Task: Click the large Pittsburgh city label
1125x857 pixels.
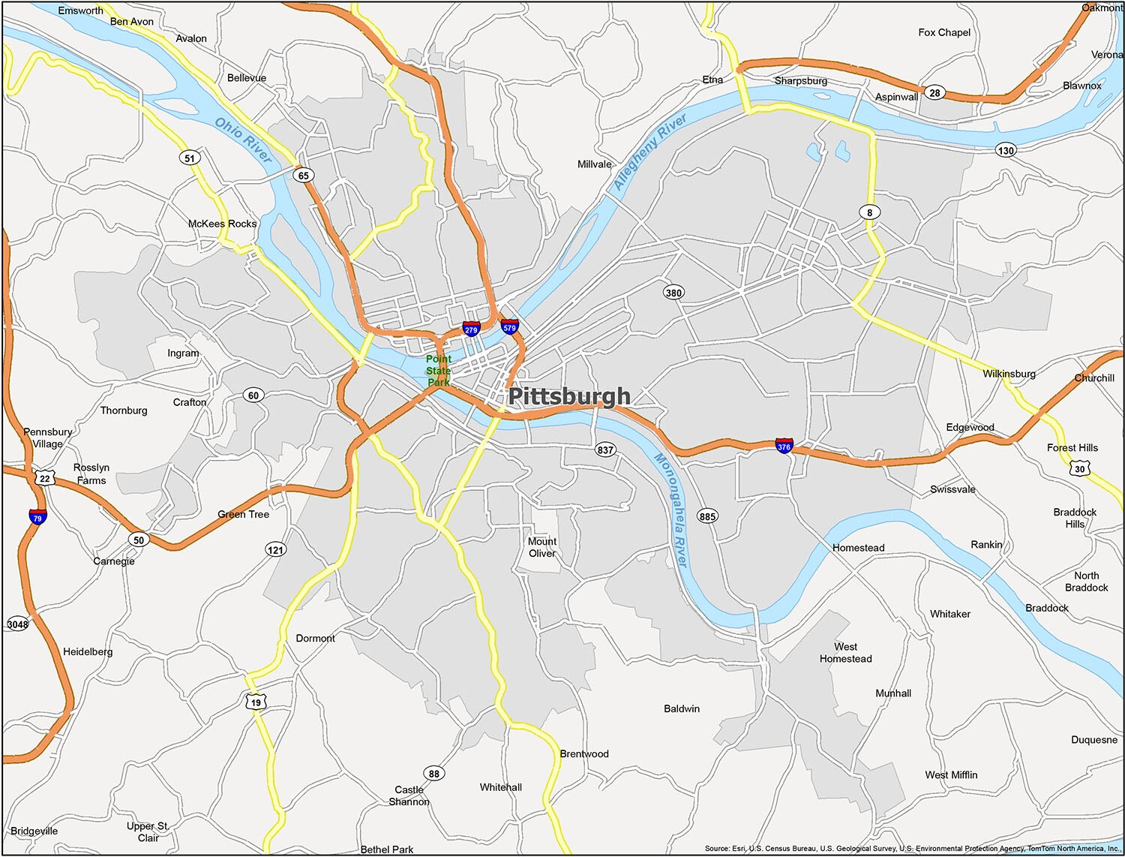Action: (x=569, y=396)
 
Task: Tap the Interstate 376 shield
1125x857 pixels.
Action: (x=784, y=446)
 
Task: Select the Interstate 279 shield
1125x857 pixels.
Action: (x=471, y=329)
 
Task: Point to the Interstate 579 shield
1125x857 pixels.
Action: (x=510, y=326)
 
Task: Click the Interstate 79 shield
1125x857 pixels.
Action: (x=37, y=517)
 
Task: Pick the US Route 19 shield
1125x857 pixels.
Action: (x=256, y=702)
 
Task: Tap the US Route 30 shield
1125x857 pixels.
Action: (x=1079, y=468)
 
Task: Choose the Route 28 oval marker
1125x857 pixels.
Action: (x=934, y=93)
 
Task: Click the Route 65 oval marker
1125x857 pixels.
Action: (x=303, y=176)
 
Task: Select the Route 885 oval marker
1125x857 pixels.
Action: (x=707, y=516)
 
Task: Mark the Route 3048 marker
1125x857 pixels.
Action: (x=17, y=624)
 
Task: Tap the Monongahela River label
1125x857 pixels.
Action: (x=670, y=510)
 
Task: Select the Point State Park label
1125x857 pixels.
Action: (x=438, y=371)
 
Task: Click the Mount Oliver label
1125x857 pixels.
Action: (x=541, y=547)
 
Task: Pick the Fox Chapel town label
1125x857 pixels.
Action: (x=943, y=32)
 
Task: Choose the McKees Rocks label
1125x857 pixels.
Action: (x=222, y=224)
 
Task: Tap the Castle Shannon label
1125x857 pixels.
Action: (x=409, y=795)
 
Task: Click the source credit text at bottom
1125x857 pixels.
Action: (x=912, y=849)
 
